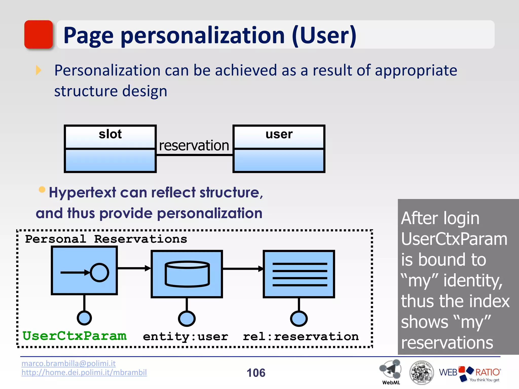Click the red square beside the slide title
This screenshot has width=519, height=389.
pyautogui.click(x=39, y=34)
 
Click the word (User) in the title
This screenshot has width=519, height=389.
pyautogui.click(x=324, y=35)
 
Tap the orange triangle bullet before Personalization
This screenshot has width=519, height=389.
pyautogui.click(x=38, y=70)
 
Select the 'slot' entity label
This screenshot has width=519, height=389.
pyautogui.click(x=110, y=134)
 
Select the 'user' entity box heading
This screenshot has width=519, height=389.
pyautogui.click(x=279, y=134)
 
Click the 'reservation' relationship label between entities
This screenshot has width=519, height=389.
pyautogui.click(x=194, y=146)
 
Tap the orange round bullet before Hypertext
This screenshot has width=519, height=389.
pyautogui.click(x=42, y=189)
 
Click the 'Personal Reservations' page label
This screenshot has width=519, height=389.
pyautogui.click(x=106, y=239)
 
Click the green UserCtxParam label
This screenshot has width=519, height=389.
pyautogui.click(x=75, y=336)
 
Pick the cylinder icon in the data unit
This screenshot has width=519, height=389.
pyautogui.click(x=187, y=274)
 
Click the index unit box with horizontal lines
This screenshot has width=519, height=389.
pyautogui.click(x=299, y=274)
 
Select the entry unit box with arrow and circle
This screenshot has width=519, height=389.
pyautogui.click(x=84, y=270)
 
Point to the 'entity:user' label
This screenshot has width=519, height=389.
pyautogui.click(x=186, y=337)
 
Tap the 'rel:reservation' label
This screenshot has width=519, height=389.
pyautogui.click(x=301, y=337)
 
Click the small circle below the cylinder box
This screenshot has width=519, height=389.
pyautogui.click(x=187, y=318)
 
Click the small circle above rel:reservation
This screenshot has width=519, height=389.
pyautogui.click(x=299, y=318)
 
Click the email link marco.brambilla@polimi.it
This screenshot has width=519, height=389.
pyautogui.click(x=68, y=363)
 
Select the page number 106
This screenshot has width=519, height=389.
pyautogui.click(x=256, y=373)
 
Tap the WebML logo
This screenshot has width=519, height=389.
pyautogui.click(x=391, y=372)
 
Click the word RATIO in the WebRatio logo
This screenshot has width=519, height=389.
pyautogui.click(x=487, y=372)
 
